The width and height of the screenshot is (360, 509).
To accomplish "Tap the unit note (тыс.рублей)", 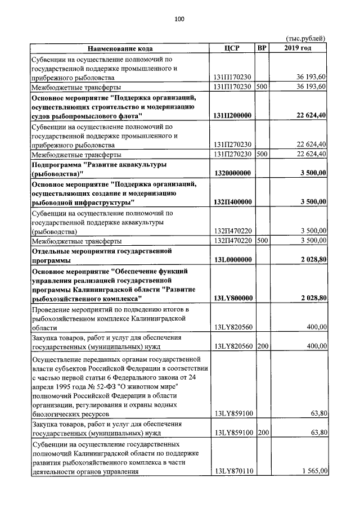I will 306,38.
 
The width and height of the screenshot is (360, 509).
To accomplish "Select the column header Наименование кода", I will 120,48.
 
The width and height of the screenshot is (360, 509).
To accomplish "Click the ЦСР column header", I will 232,48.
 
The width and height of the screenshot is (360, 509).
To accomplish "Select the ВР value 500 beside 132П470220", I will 262,241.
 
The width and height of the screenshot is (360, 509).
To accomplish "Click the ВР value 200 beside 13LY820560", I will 262,346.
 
